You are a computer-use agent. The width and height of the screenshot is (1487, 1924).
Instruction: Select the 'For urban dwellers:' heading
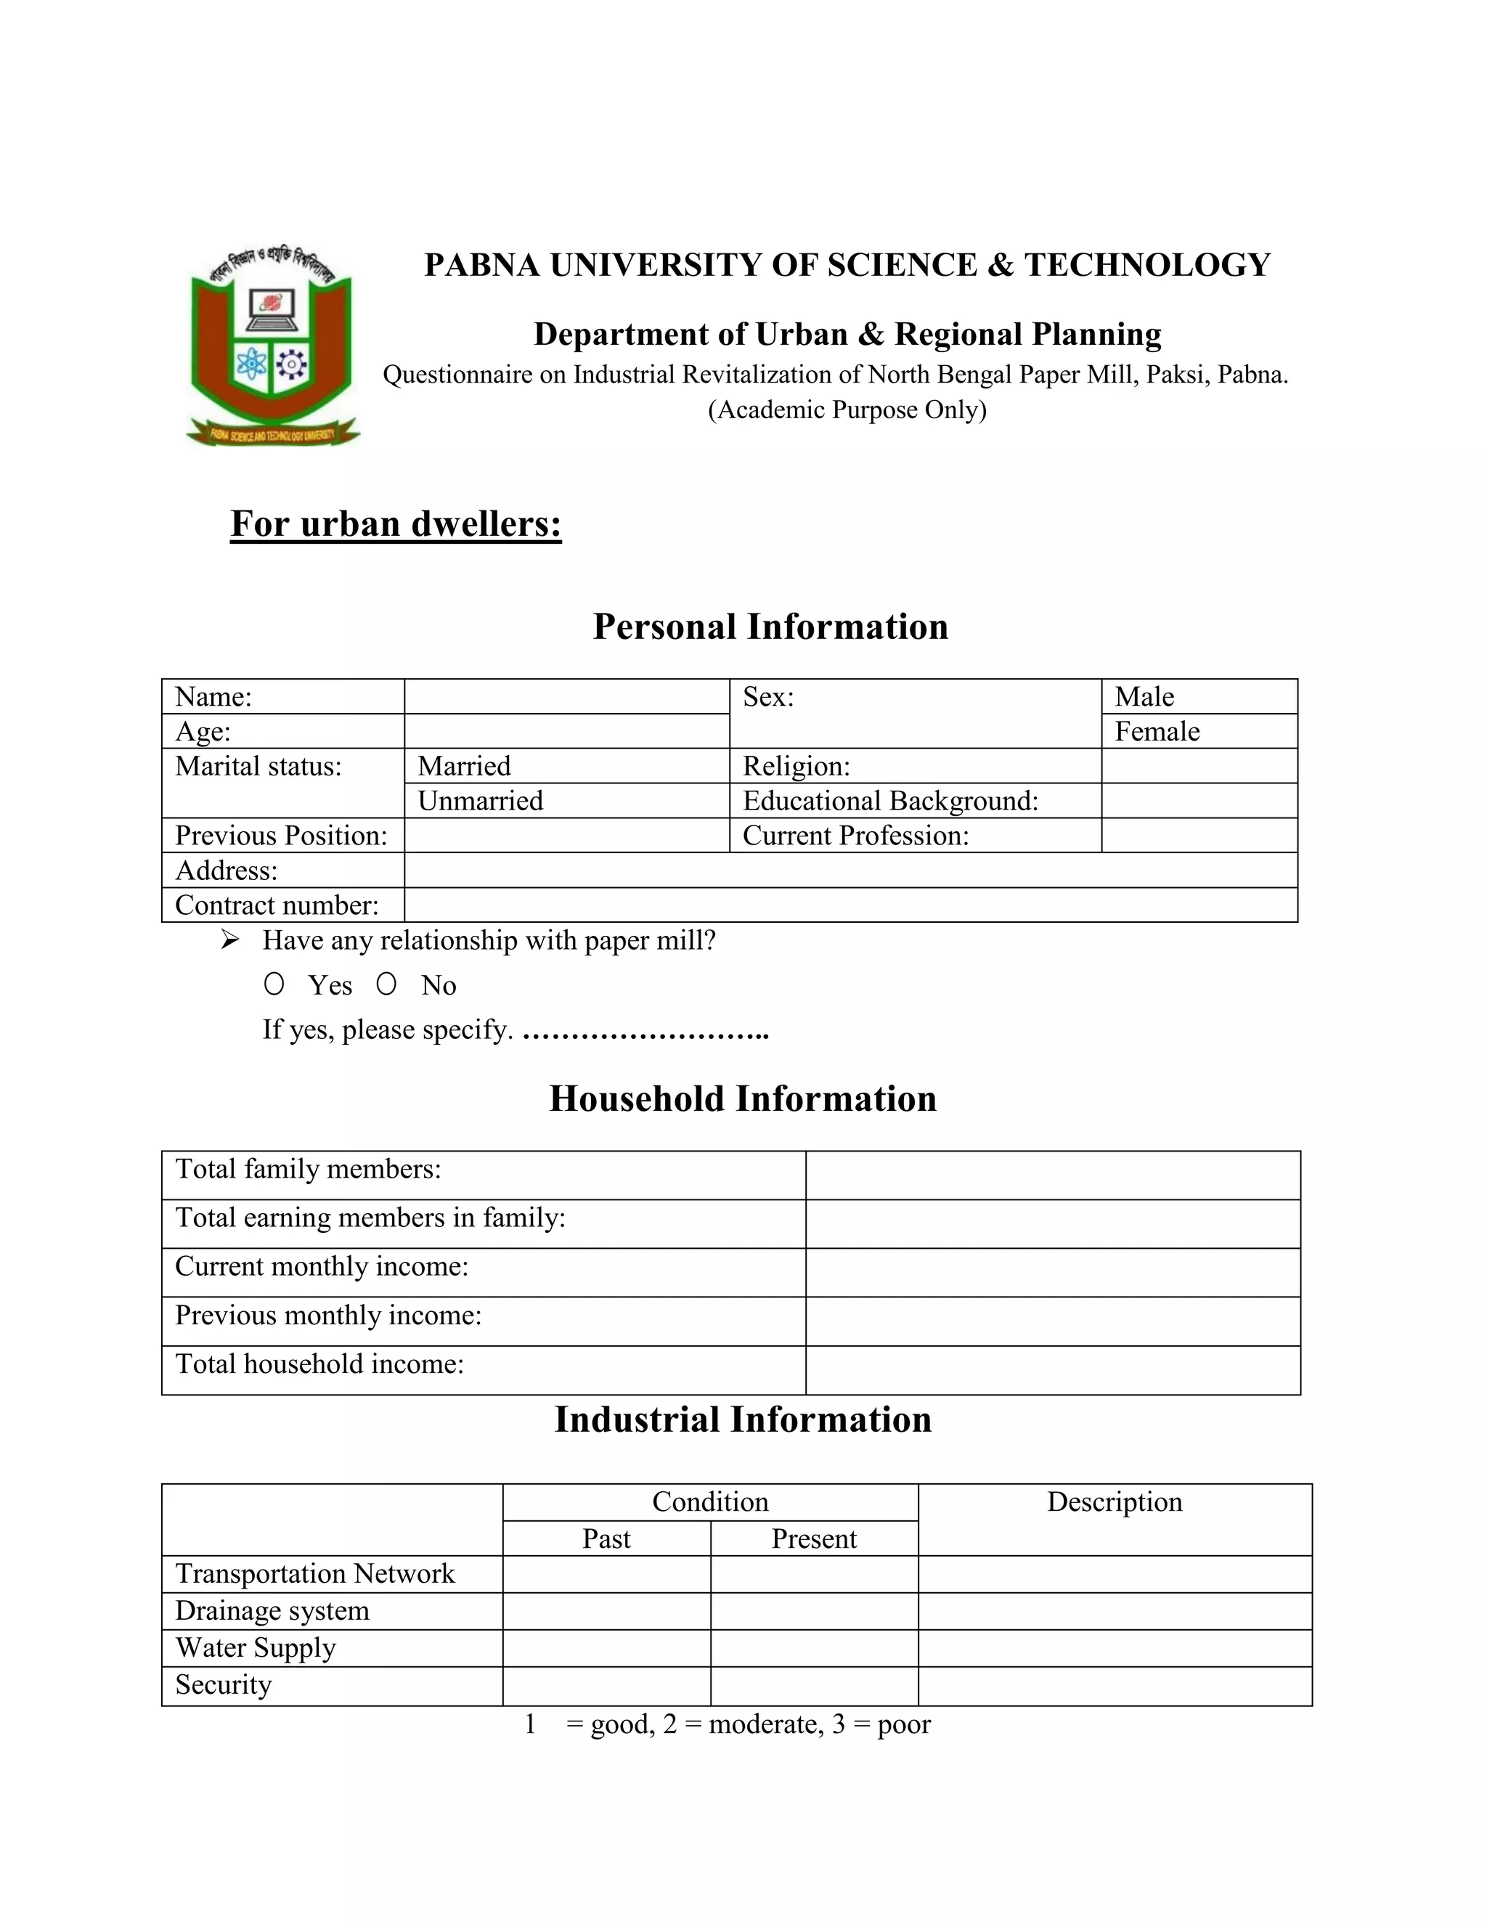[396, 523]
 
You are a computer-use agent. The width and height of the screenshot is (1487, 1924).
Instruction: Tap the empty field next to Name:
[566, 697]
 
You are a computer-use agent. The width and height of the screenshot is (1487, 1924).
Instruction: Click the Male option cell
[1198, 697]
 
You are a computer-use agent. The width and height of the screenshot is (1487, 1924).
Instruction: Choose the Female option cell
[1198, 731]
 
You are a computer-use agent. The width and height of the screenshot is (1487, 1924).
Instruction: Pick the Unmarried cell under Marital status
[566, 801]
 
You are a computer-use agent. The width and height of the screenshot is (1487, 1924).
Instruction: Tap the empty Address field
[850, 871]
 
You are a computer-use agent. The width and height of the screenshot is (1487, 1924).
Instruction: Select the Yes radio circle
[274, 984]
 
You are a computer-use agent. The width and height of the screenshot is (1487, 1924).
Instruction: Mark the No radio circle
[386, 984]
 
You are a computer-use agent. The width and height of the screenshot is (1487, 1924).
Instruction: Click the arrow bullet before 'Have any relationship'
[230, 940]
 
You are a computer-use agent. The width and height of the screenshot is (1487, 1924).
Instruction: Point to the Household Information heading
[743, 1098]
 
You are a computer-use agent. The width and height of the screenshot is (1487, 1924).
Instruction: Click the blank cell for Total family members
[1053, 1175]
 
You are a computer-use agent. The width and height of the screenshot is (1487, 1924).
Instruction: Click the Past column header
[606, 1538]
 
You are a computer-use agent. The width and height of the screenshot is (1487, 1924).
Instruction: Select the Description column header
[1115, 1501]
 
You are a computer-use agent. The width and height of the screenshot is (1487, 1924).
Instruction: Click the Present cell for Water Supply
[814, 1648]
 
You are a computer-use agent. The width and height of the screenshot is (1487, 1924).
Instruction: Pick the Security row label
[224, 1684]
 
